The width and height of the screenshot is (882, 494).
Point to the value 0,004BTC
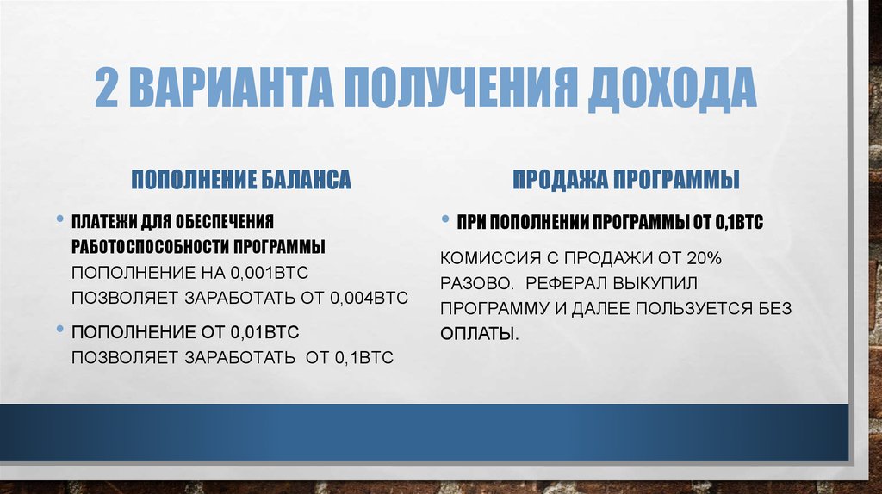368,299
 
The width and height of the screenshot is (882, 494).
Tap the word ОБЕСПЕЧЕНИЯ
223,220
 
